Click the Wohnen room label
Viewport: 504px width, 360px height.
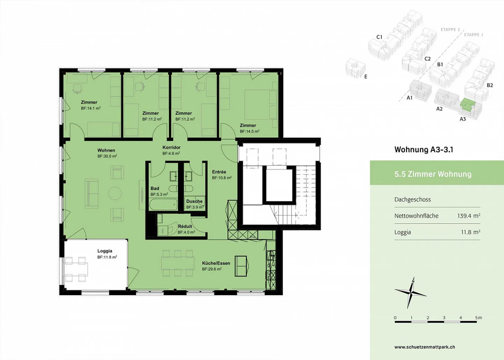click(x=106, y=150)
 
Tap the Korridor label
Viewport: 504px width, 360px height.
click(x=171, y=148)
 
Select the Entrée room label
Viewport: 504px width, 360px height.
click(x=219, y=172)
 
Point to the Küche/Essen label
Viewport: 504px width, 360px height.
click(x=216, y=263)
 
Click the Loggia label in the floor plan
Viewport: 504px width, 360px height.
click(x=105, y=251)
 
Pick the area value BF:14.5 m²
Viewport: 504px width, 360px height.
click(x=250, y=132)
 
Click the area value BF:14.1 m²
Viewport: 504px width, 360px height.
click(x=91, y=108)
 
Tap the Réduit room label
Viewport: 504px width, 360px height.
click(x=185, y=226)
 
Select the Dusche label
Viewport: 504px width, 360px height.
click(x=194, y=201)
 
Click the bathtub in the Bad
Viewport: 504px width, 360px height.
click(x=163, y=204)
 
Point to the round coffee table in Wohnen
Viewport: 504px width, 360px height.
click(x=115, y=193)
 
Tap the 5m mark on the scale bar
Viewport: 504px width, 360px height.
click(x=478, y=318)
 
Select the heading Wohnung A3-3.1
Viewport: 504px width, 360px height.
click(x=423, y=150)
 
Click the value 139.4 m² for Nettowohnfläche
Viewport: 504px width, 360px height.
click(x=468, y=216)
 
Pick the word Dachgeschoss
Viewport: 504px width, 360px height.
click(x=412, y=199)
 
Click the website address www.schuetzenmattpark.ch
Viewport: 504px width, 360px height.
click(x=425, y=347)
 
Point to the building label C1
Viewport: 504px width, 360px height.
click(x=379, y=37)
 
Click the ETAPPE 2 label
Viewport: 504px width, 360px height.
click(x=450, y=30)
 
